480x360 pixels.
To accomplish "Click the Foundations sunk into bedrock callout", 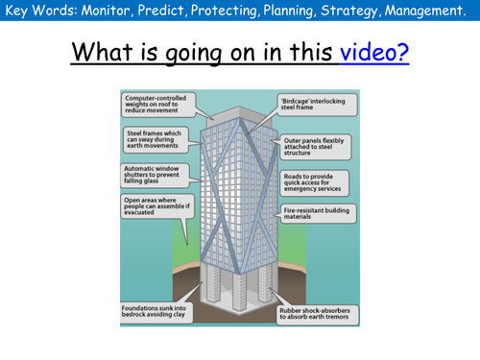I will point(156,309).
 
